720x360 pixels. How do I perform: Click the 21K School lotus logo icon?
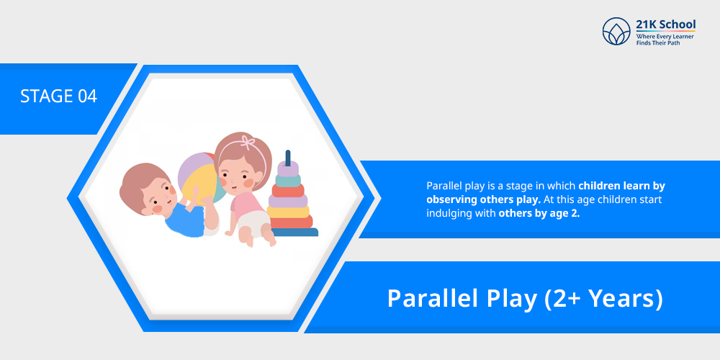[x=616, y=31]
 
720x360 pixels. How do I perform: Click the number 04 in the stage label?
[x=87, y=96]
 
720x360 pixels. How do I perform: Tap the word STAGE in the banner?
[x=47, y=96]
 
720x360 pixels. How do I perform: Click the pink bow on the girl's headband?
[x=248, y=142]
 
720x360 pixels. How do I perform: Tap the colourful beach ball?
[x=200, y=179]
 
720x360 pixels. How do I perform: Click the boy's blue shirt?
[x=184, y=222]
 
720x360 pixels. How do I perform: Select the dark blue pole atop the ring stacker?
[x=288, y=158]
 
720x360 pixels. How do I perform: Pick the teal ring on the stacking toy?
[x=288, y=179]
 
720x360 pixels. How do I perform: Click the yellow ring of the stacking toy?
[x=288, y=212]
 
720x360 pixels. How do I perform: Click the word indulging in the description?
[x=444, y=214]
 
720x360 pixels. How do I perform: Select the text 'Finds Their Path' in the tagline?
[x=658, y=42]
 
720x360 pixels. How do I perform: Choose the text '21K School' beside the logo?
[x=665, y=24]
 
